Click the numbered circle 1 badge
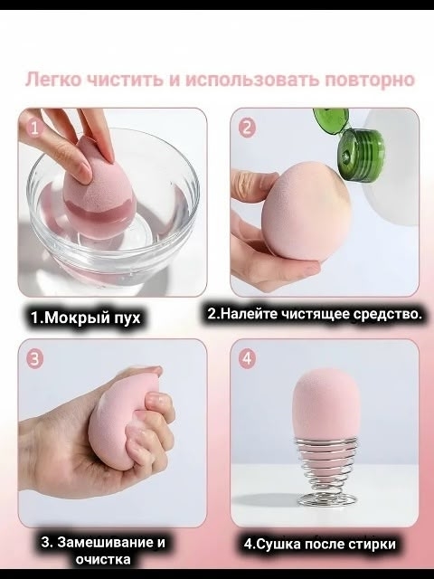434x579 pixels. coord(34,128)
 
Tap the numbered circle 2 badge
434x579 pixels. coord(247,128)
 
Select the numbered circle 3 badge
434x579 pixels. coord(34,359)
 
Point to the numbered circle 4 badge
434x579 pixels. coord(247,359)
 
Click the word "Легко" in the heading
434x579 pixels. coord(52,80)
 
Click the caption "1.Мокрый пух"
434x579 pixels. coord(86,318)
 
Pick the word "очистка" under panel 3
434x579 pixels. coord(103,559)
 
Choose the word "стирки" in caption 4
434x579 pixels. coord(372,545)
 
